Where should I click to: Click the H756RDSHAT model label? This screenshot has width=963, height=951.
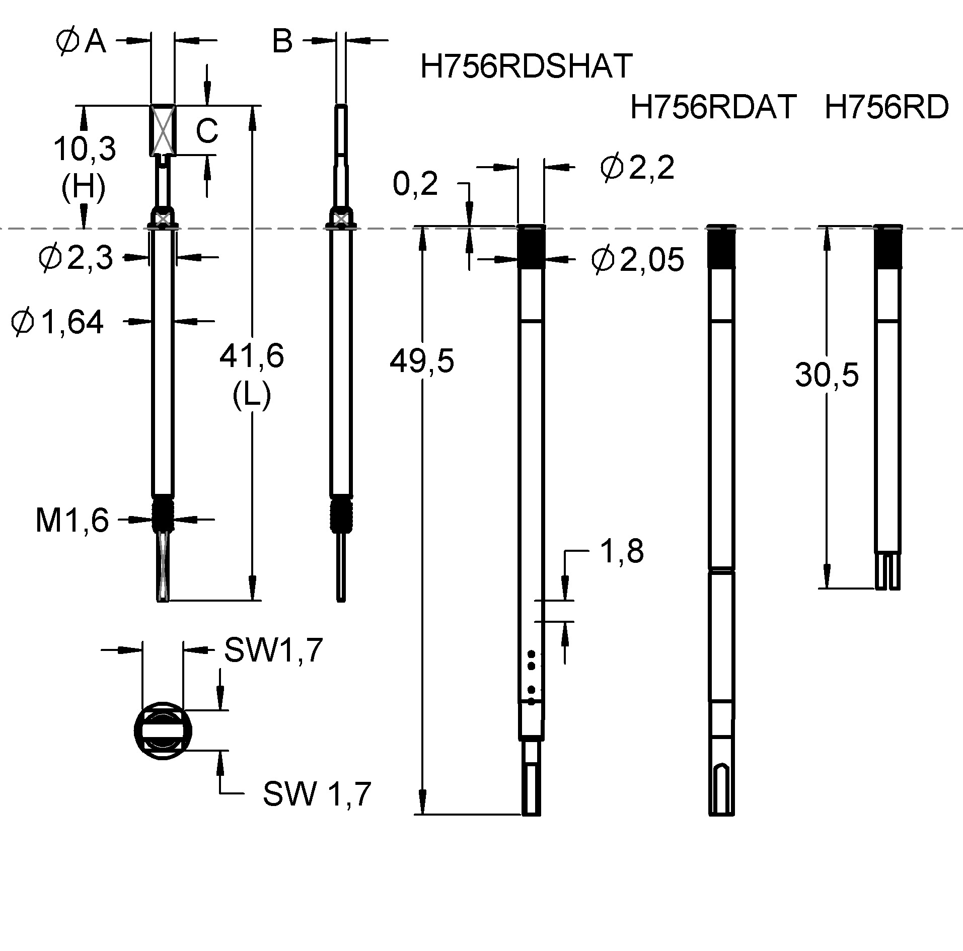pyautogui.click(x=526, y=66)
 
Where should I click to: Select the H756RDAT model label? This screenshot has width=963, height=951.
pyautogui.click(x=713, y=107)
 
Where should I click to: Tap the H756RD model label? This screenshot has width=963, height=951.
pyautogui.click(x=886, y=107)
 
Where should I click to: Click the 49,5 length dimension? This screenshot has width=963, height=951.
pyautogui.click(x=422, y=361)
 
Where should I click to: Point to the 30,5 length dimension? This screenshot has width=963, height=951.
pyautogui.click(x=827, y=375)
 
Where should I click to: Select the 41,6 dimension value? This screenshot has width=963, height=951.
pyautogui.click(x=252, y=356)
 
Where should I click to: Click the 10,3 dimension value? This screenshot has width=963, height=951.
pyautogui.click(x=85, y=149)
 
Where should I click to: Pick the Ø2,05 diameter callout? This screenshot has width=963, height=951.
pyautogui.click(x=637, y=260)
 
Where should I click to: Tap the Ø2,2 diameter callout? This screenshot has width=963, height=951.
pyautogui.click(x=637, y=167)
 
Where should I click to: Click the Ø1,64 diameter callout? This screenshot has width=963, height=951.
pyautogui.click(x=58, y=322)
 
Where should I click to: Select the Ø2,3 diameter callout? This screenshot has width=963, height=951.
pyautogui.click(x=76, y=258)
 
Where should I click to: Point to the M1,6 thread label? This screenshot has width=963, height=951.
pyautogui.click(x=72, y=520)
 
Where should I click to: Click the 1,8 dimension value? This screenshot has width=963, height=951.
pyautogui.click(x=622, y=552)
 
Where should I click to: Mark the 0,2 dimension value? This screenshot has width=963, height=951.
pyautogui.click(x=415, y=184)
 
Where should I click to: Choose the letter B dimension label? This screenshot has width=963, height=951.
pyautogui.click(x=282, y=41)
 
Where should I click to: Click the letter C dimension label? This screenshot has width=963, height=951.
pyautogui.click(x=206, y=131)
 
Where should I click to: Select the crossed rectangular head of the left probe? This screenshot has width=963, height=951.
pyautogui.click(x=163, y=130)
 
